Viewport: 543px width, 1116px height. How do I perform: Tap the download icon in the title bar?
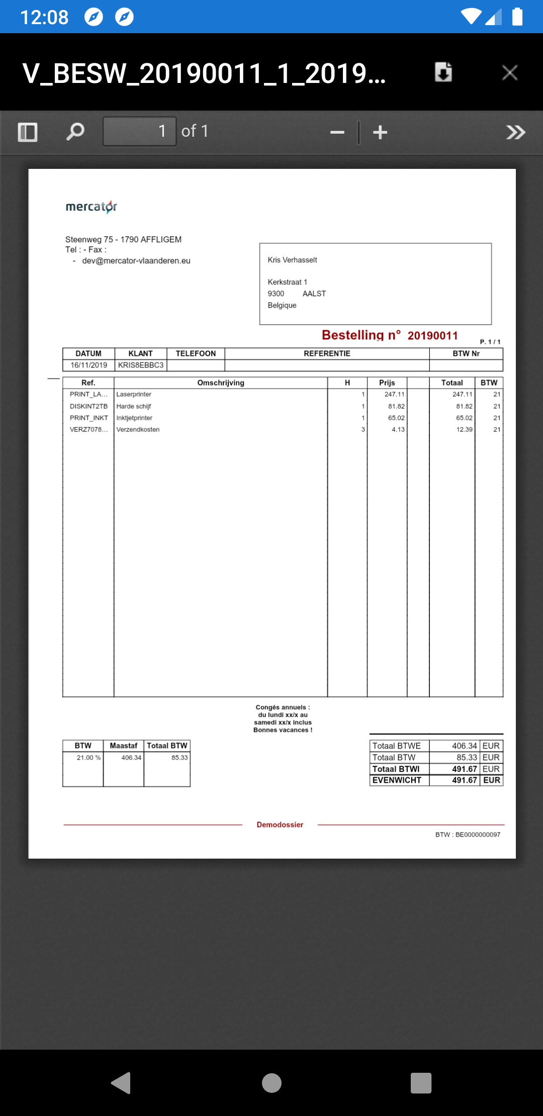pyautogui.click(x=443, y=72)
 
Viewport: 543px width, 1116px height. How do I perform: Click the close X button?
pyautogui.click(x=510, y=73)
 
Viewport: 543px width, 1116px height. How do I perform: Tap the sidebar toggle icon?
pyautogui.click(x=28, y=132)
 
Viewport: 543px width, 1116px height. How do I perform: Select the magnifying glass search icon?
pyautogui.click(x=75, y=132)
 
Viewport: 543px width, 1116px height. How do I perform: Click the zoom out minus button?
pyautogui.click(x=337, y=133)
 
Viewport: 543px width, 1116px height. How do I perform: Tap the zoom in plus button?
pyautogui.click(x=380, y=133)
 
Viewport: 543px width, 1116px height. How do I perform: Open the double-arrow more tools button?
pyautogui.click(x=515, y=132)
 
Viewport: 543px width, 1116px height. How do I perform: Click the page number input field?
pyautogui.click(x=139, y=131)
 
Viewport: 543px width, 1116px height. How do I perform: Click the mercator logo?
pyautogui.click(x=92, y=207)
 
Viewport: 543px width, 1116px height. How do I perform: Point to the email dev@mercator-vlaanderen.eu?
pyautogui.click(x=136, y=261)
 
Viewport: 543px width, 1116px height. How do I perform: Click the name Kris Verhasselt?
pyautogui.click(x=292, y=260)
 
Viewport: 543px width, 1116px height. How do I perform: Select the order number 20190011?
pyautogui.click(x=432, y=336)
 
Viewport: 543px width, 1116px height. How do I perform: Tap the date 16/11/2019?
pyautogui.click(x=89, y=365)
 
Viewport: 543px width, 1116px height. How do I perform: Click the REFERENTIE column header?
pyautogui.click(x=327, y=354)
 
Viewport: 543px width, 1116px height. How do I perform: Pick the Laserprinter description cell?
pyautogui.click(x=134, y=395)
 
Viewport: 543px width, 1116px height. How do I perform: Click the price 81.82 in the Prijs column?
pyautogui.click(x=396, y=406)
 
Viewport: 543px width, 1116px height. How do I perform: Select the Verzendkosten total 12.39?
pyautogui.click(x=464, y=430)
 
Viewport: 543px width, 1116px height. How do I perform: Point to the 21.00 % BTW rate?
pyautogui.click(x=88, y=758)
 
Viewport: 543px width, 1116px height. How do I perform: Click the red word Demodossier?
pyautogui.click(x=280, y=825)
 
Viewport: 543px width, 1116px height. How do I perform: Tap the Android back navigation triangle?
pyautogui.click(x=121, y=1083)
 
